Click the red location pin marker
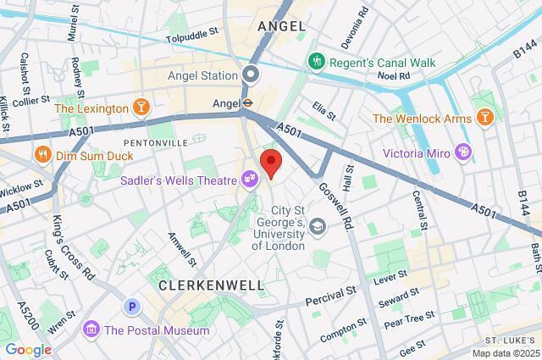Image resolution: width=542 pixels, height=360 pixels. tap(271, 162)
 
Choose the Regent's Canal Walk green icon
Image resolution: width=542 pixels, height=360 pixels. tap(316, 61)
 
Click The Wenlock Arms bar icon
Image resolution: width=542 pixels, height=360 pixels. tap(484, 118)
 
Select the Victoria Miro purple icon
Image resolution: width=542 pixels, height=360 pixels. tap(463, 152)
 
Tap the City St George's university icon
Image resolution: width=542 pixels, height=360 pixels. tap(317, 225)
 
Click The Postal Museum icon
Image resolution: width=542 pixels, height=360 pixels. tap(91, 328)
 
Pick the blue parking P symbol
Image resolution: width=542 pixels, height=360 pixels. tap(131, 307)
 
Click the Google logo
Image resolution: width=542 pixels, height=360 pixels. tap(27, 350)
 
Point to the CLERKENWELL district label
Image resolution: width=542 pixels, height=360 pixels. tap(211, 286)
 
